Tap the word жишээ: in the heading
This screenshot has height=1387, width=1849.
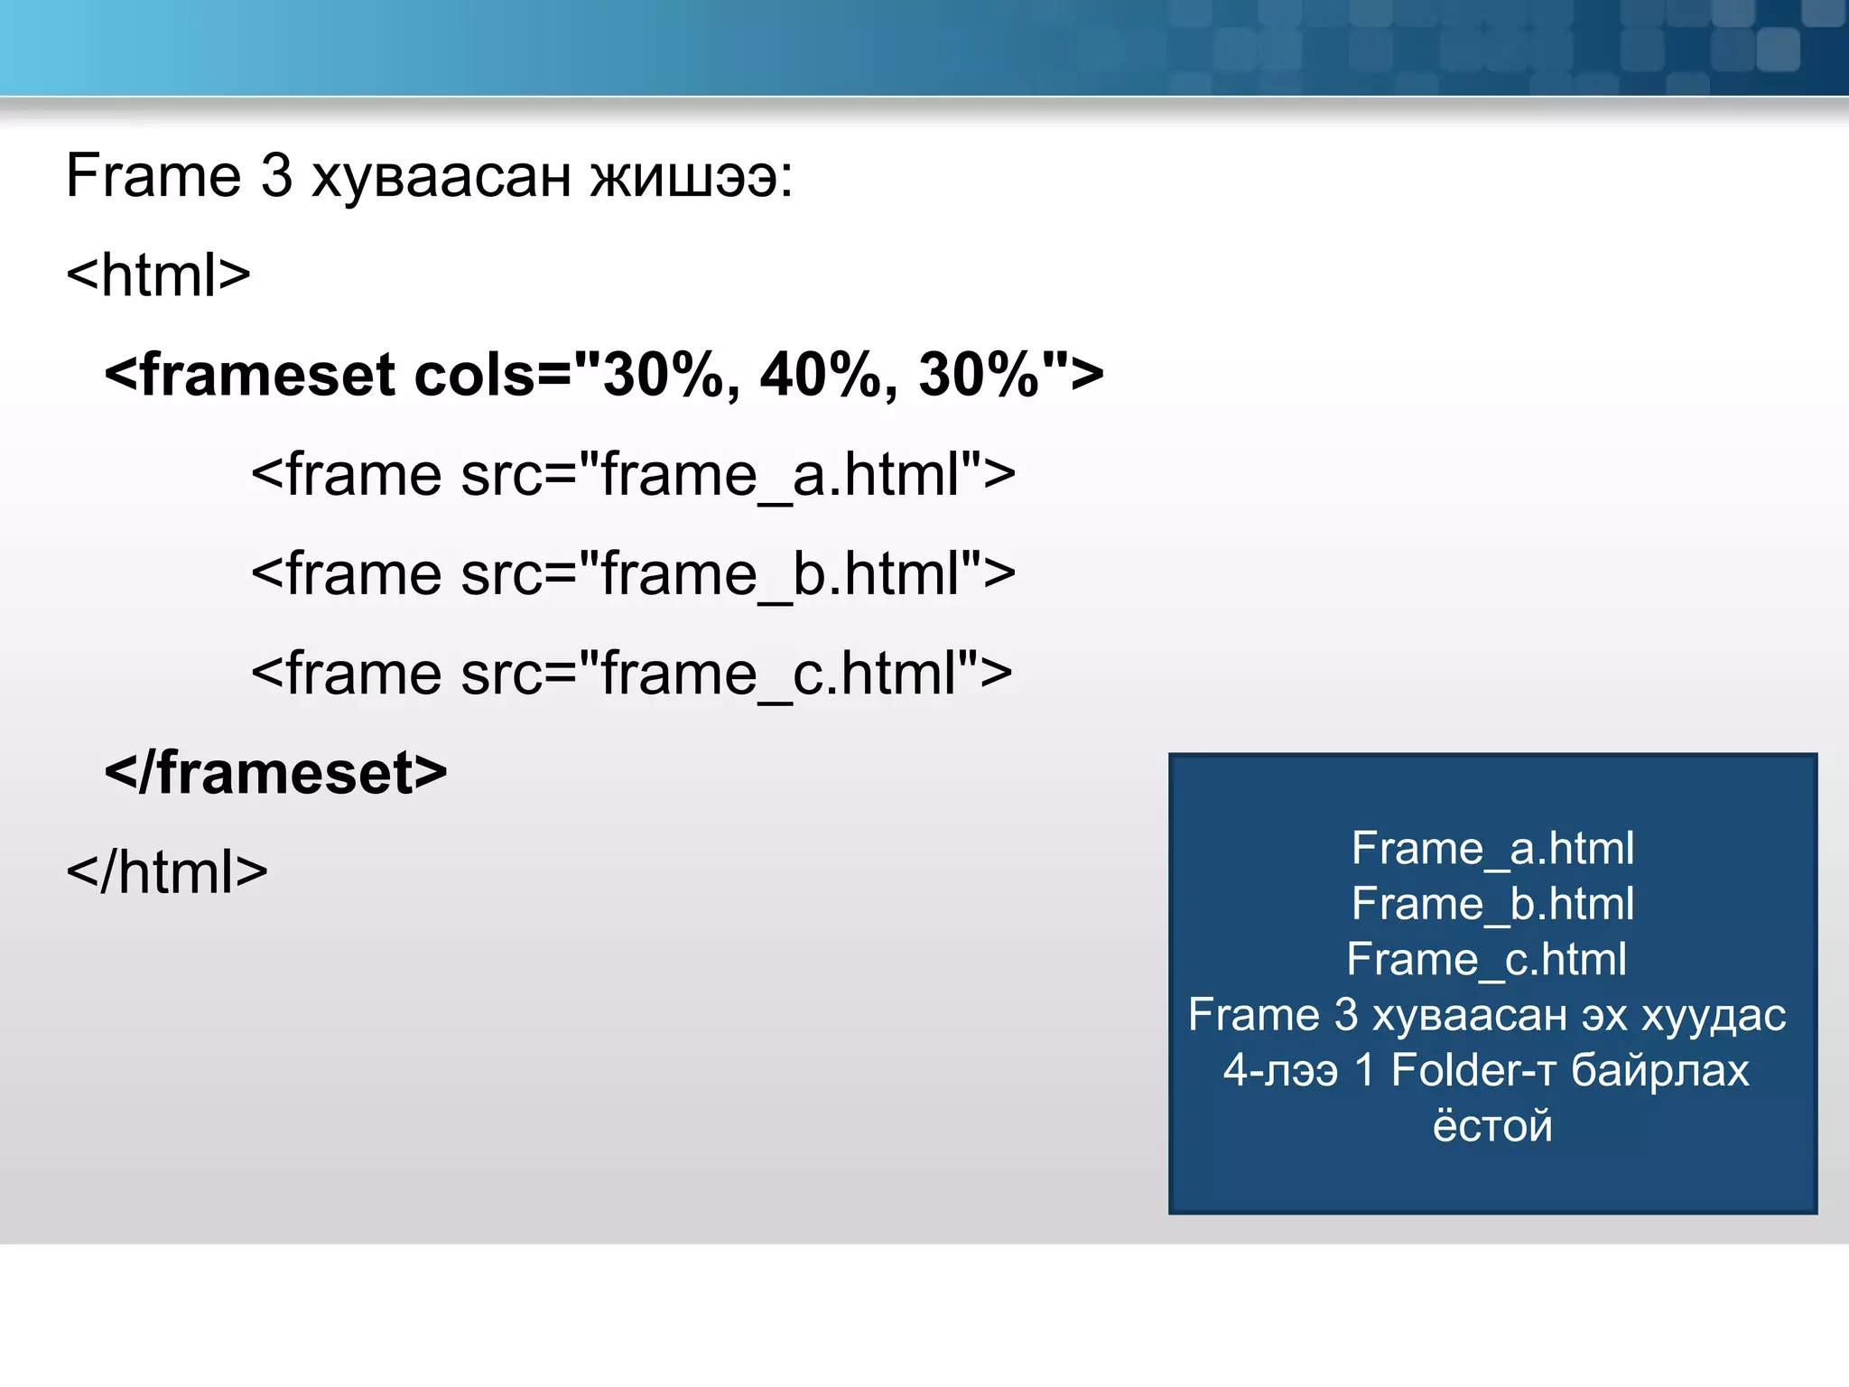(691, 175)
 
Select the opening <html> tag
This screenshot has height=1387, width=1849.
(158, 275)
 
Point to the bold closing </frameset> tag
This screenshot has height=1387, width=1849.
(275, 773)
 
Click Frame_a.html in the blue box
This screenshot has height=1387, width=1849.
(1492, 849)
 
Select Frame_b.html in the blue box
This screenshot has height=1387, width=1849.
(1492, 904)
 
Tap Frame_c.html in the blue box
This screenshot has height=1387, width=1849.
(1486, 959)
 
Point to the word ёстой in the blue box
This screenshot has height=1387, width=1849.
(1492, 1125)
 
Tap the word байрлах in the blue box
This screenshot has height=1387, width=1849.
(1659, 1070)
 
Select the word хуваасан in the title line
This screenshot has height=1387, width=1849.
(441, 175)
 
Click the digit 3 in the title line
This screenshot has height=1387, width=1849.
(276, 175)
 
